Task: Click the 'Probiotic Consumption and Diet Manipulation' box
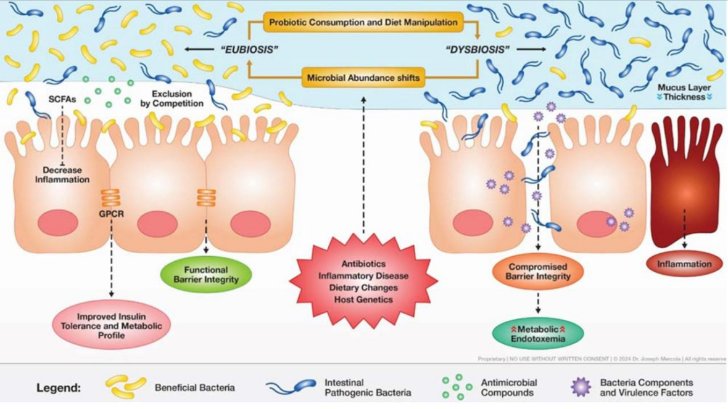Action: click(x=363, y=22)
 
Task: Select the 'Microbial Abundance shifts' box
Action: click(x=363, y=78)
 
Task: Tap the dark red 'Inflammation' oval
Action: click(x=684, y=264)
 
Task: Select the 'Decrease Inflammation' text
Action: click(x=66, y=175)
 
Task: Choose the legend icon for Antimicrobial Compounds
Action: click(x=457, y=387)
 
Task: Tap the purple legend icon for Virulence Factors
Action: click(x=581, y=387)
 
